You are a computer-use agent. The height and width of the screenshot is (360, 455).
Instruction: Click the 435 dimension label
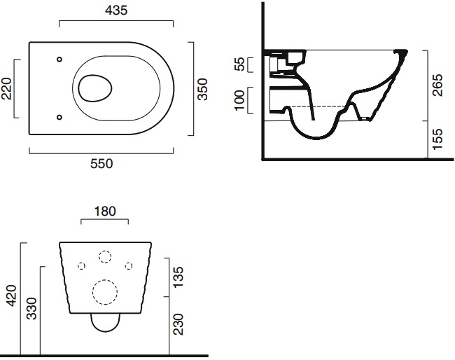pyautogui.click(x=116, y=11)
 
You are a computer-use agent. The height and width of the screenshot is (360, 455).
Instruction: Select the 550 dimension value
pyautogui.click(x=101, y=164)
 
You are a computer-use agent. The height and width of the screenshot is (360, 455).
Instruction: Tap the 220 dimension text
pyautogui.click(x=7, y=89)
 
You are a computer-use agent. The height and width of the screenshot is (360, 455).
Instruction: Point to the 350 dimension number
pyautogui.click(x=202, y=89)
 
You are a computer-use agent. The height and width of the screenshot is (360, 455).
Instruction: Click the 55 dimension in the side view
pyautogui.click(x=239, y=64)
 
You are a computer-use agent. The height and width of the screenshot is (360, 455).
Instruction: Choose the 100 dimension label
pyautogui.click(x=239, y=100)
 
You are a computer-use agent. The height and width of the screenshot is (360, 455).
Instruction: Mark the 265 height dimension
pyautogui.click(x=437, y=85)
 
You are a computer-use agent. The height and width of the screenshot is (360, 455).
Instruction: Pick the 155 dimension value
pyautogui.click(x=437, y=139)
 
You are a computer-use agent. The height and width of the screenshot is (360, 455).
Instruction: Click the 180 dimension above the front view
pyautogui.click(x=105, y=212)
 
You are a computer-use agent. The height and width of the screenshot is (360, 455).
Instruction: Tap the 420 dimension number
pyautogui.click(x=12, y=296)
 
